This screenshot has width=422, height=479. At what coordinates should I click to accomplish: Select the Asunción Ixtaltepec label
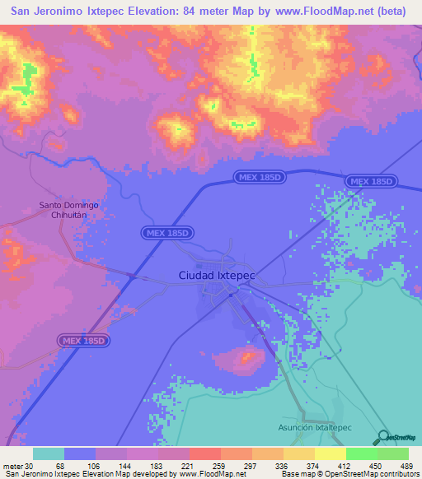tap(313, 429)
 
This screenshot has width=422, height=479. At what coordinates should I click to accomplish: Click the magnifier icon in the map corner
tap(382, 438)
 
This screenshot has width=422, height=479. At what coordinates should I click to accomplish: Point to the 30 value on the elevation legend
tap(29, 466)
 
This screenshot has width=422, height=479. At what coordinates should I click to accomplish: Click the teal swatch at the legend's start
tap(49, 453)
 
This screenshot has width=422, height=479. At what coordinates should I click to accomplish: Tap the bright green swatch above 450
tap(361, 453)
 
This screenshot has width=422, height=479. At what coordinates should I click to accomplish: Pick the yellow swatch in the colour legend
tap(330, 453)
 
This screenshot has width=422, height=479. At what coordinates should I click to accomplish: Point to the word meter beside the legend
tap(12, 466)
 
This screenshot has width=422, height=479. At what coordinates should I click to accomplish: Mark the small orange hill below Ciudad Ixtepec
tap(247, 357)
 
